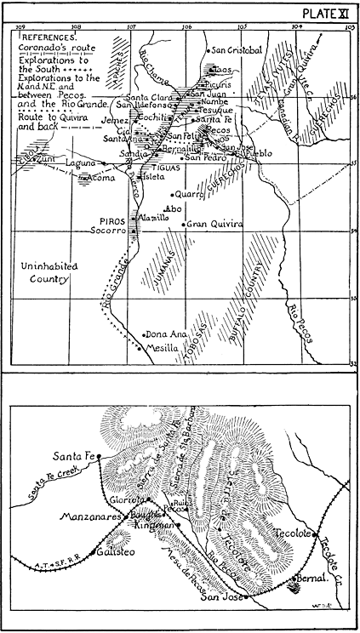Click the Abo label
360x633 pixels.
[x=173, y=208]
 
